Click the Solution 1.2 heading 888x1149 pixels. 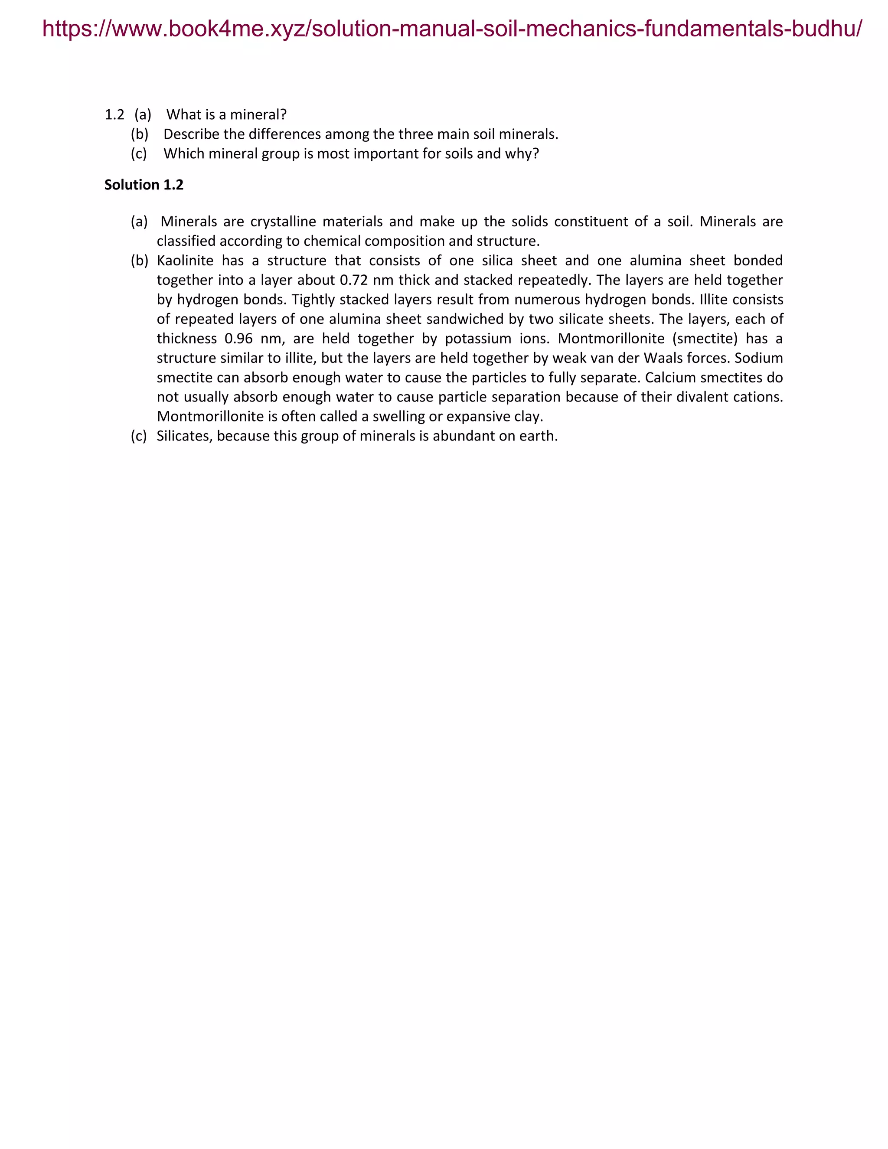pos(144,185)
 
